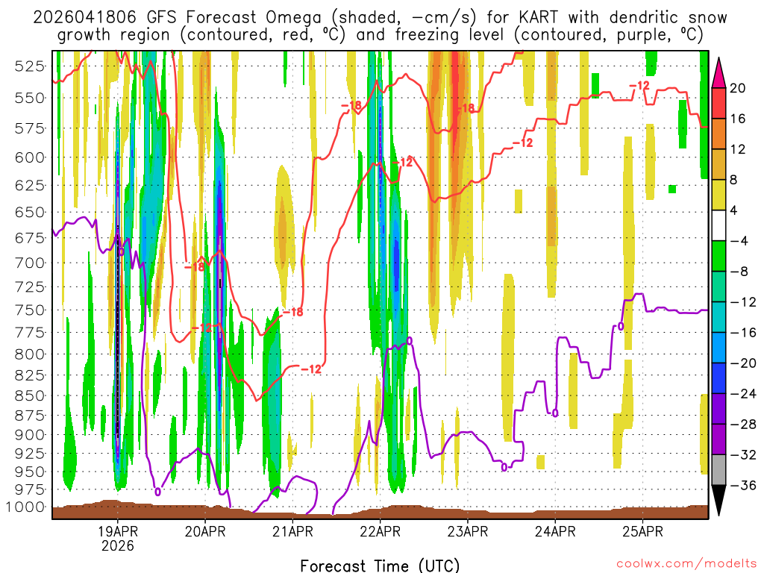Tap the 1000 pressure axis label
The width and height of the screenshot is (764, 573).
(27, 507)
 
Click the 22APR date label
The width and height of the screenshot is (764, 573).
(380, 532)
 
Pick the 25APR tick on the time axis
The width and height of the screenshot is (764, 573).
(643, 532)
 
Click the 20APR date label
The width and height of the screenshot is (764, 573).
(205, 532)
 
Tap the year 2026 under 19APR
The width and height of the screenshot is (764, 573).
(118, 546)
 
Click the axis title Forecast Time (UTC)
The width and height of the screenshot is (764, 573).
(380, 565)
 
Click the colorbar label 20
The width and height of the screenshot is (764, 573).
(739, 88)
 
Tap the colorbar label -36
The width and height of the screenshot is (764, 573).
(742, 485)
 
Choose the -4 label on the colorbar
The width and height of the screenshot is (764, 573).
(739, 241)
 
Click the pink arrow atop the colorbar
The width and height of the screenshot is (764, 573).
(719, 73)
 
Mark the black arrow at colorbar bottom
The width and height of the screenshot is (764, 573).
(719, 500)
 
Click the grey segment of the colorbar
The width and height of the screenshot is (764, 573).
(719, 470)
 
